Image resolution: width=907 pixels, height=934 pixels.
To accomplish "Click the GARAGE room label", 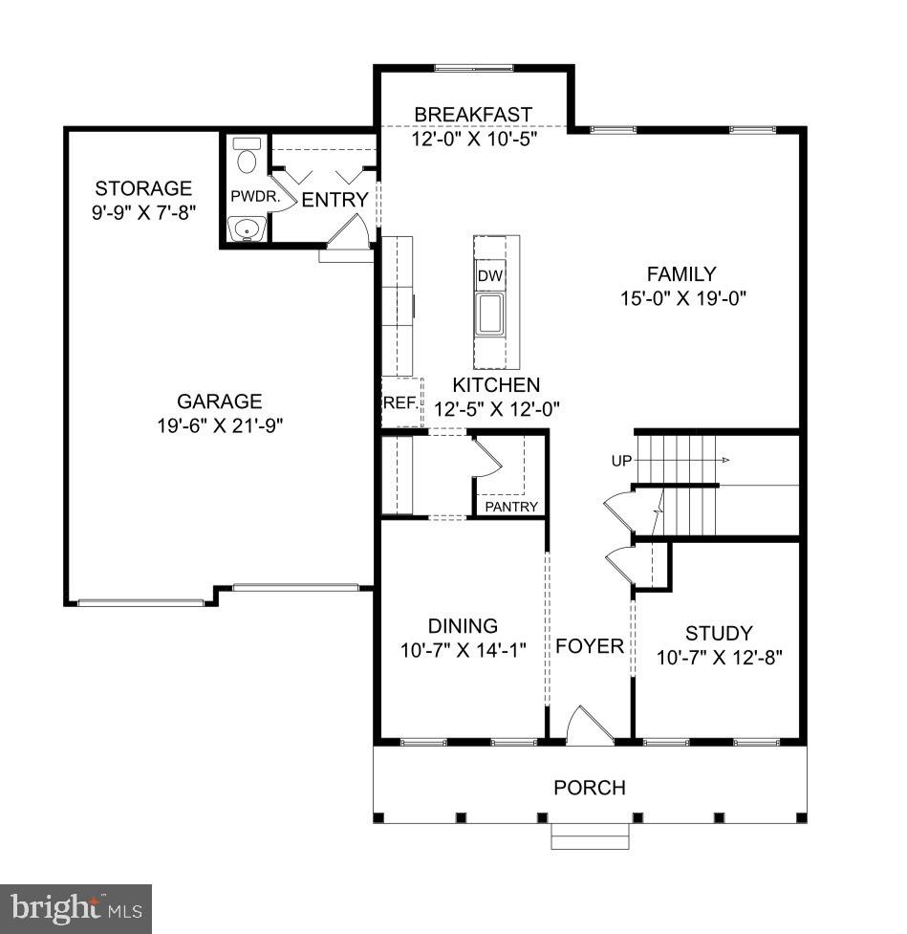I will point(219,402).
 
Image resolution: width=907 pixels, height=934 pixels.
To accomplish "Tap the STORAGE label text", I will point(143,188).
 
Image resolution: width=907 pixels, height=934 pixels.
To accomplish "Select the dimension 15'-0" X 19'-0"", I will point(682,297).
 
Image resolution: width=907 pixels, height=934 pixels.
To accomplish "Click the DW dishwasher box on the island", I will point(490,276).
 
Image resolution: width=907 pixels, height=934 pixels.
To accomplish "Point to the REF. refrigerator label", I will point(400,402).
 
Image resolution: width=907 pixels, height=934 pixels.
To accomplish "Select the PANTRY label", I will point(511,507).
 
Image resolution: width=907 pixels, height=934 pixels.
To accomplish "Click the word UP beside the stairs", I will point(621,461).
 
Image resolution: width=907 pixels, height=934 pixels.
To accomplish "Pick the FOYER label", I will point(590,646).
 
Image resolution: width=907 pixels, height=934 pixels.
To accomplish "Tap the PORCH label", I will point(590,788).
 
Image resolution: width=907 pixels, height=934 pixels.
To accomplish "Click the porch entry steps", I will point(590,838).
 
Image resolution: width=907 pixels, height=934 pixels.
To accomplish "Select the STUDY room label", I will point(719,633).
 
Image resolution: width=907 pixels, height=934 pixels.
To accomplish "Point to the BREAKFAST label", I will point(472,115).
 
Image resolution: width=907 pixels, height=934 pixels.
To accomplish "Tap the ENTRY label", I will point(335,200).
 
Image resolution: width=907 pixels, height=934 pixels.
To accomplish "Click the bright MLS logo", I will point(76,907).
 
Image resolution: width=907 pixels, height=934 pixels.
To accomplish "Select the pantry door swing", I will point(487,457).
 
